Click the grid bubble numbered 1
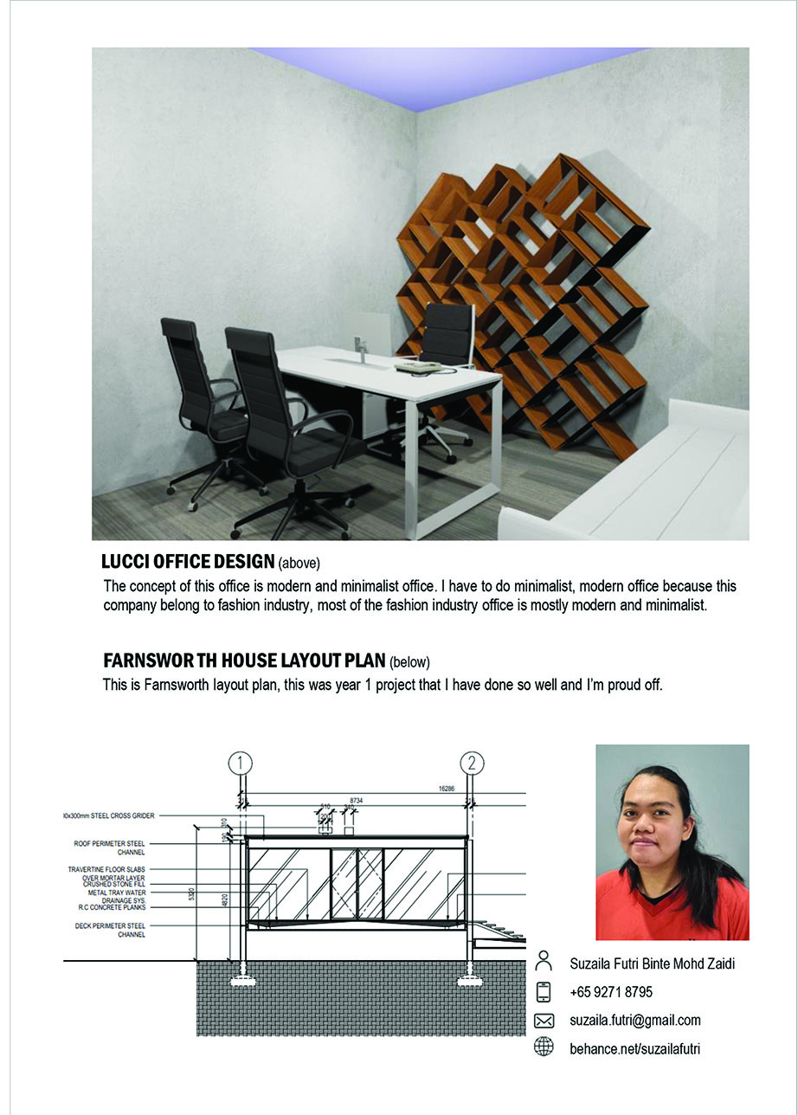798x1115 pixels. click(240, 764)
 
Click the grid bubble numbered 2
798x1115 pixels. click(472, 764)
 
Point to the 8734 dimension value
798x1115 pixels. click(356, 801)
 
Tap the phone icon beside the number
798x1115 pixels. click(544, 991)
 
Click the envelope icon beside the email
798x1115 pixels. click(544, 1020)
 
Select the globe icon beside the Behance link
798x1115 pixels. click(544, 1048)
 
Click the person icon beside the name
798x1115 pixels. click(544, 962)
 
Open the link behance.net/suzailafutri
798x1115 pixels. click(634, 1048)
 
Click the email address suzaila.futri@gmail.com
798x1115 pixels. click(635, 1020)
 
